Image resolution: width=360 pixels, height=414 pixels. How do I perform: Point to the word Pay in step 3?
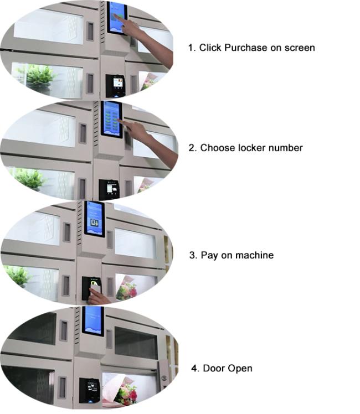(209, 256)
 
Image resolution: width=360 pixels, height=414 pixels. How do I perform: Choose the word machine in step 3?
(254, 255)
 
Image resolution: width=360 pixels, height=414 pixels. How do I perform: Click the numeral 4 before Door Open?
(194, 368)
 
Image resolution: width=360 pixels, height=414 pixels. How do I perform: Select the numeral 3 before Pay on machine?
(193, 255)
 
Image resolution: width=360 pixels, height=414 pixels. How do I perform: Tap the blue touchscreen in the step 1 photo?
(117, 17)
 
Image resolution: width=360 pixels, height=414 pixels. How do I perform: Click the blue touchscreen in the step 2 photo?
(111, 119)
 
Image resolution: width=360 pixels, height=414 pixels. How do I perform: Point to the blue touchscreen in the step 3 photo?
(94, 219)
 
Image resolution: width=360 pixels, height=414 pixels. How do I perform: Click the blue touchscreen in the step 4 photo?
(92, 321)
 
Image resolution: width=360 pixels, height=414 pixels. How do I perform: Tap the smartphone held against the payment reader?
(95, 287)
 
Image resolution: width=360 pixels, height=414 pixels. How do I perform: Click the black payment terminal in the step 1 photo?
(115, 86)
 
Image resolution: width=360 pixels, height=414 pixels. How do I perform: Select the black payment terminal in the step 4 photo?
(90, 390)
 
